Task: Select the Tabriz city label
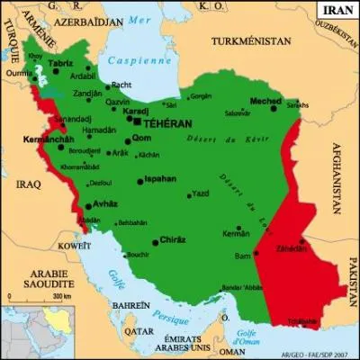pos(61,63)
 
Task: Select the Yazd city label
pos(201,193)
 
